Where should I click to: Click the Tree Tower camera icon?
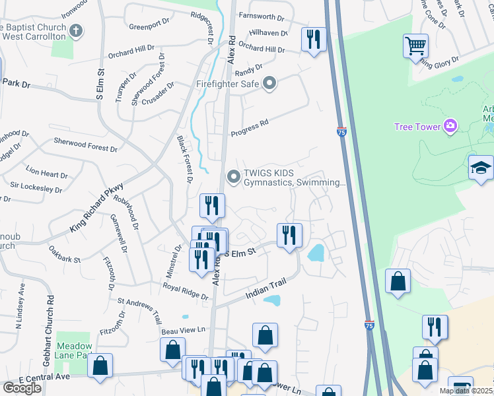450,125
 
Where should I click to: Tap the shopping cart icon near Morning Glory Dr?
415,46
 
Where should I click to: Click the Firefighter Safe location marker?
269,83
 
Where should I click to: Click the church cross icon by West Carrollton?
77,30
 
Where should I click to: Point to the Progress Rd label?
250,128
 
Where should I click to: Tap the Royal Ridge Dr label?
185,292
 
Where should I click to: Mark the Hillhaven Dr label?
267,34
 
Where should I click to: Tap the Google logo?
22,387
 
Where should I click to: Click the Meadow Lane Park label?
73,350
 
